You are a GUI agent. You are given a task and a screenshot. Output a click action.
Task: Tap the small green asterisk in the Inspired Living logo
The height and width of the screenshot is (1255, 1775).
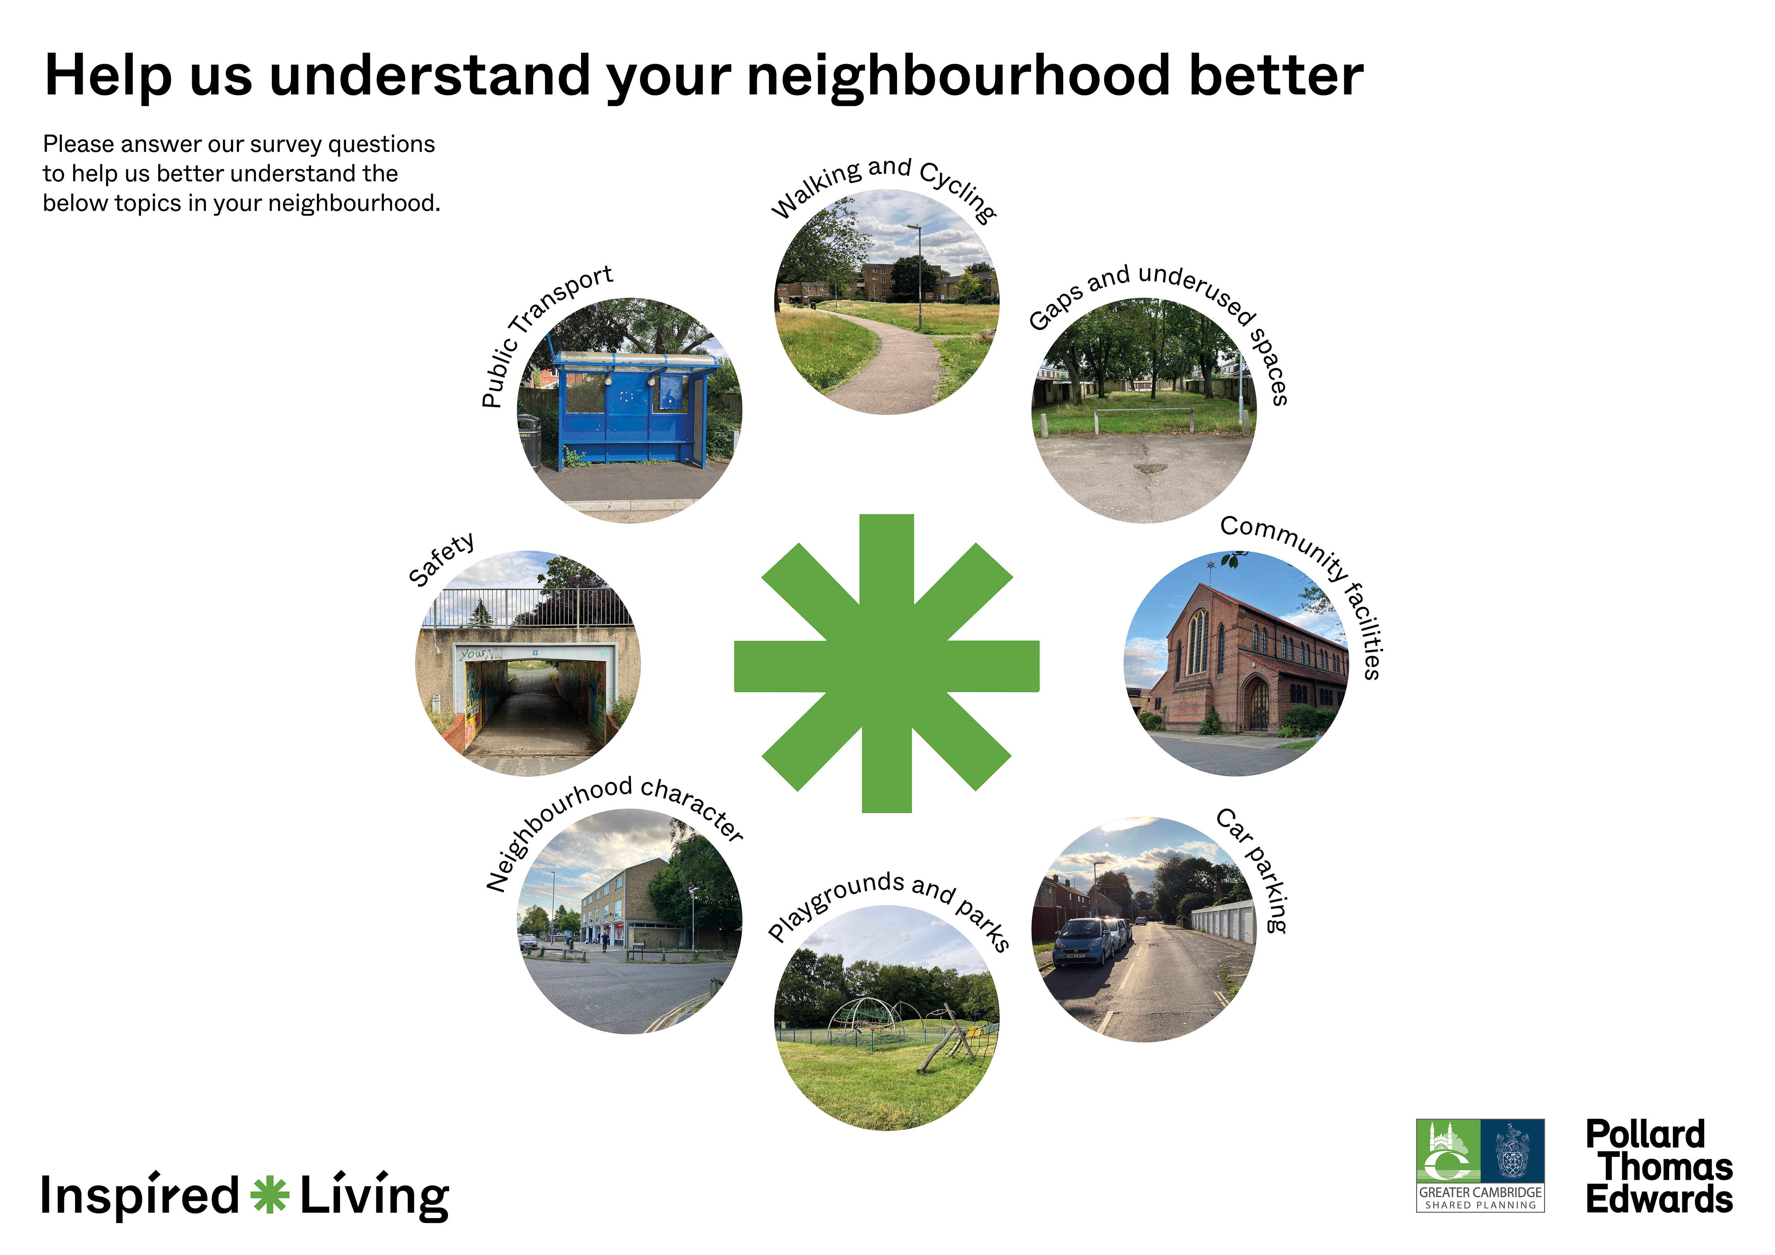coord(270,1195)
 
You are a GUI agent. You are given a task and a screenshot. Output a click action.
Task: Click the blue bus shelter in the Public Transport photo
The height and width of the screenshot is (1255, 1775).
coord(630,410)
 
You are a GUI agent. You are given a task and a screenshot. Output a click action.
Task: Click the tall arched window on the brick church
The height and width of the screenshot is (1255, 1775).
coord(1198,641)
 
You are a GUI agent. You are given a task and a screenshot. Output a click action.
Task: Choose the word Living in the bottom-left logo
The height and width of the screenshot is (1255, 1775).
coord(374,1196)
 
